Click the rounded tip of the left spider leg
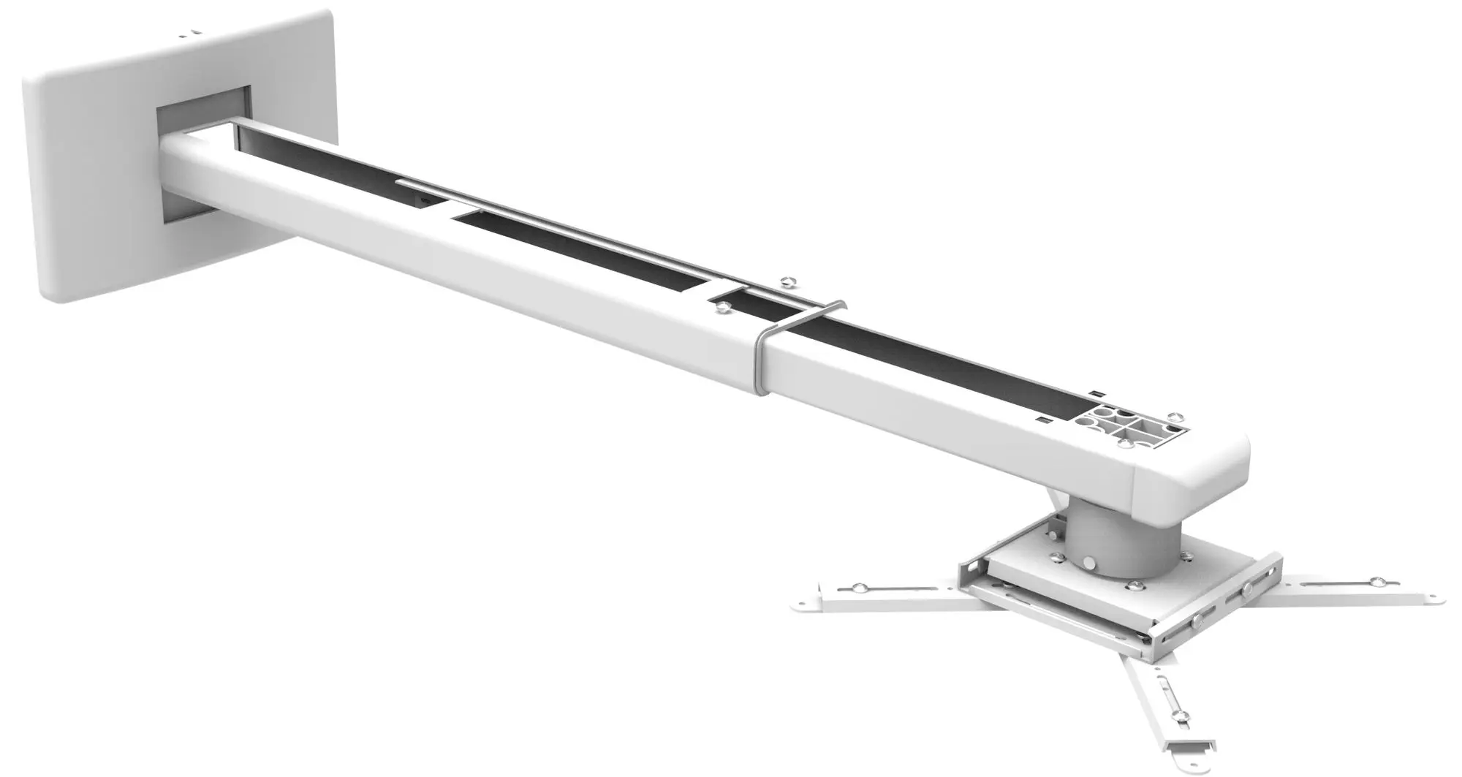click(798, 606)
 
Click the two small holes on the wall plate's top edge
click(189, 32)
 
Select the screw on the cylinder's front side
click(1090, 564)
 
